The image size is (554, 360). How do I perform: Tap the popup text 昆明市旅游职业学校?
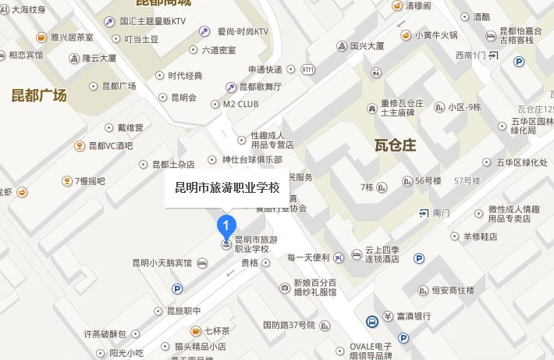pyautogui.click(x=227, y=188)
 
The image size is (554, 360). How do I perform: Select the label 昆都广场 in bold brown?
pyautogui.click(x=39, y=96)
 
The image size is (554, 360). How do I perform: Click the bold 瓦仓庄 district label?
pyautogui.click(x=396, y=145)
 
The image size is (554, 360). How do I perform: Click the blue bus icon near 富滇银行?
pyautogui.click(x=372, y=320)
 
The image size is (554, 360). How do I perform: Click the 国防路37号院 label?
pyautogui.click(x=289, y=324)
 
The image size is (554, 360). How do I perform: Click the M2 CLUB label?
pyautogui.click(x=240, y=103)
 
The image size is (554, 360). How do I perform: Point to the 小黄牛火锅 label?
pyautogui.click(x=436, y=34)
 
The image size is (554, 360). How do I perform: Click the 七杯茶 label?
pyautogui.click(x=217, y=330)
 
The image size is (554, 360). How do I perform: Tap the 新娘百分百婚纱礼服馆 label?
pyautogui.click(x=315, y=287)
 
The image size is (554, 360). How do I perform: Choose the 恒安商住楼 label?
pyautogui.click(x=453, y=290)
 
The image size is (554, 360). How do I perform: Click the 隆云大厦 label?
pyautogui.click(x=99, y=58)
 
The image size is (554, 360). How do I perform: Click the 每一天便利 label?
pyautogui.click(x=309, y=257)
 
